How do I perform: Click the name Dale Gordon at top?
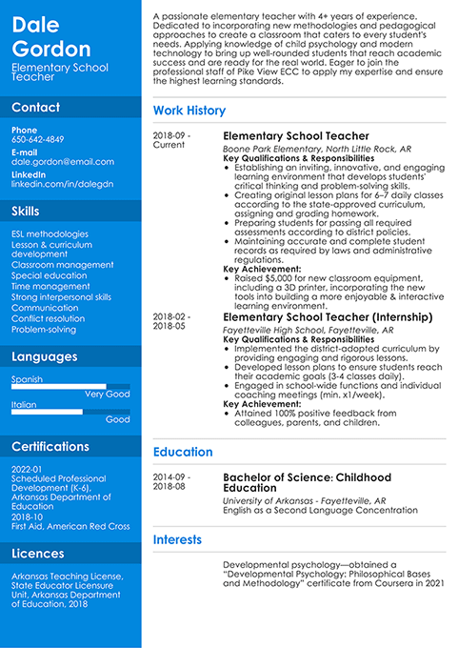coord(51,36)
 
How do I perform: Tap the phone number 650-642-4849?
coord(38,139)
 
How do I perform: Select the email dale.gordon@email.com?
coord(63,162)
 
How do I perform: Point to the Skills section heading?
coord(26,211)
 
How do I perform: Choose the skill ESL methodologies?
coord(50,233)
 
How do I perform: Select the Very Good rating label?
coord(107,394)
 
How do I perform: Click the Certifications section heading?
coord(50,446)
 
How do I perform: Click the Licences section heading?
coord(38,553)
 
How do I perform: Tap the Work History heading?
coord(189,111)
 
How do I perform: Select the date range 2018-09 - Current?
coord(171,140)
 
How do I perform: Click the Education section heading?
coord(183,452)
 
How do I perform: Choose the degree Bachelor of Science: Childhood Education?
coord(307,483)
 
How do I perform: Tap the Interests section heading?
coord(177,539)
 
